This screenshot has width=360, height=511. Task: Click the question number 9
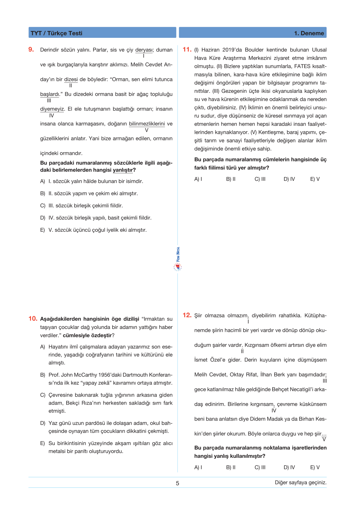[x=31, y=49]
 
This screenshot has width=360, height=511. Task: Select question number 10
[x=33, y=319]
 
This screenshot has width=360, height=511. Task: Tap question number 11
[x=187, y=49]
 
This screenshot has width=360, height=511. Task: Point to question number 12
[x=187, y=315]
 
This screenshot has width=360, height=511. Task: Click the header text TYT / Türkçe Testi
[x=56, y=33]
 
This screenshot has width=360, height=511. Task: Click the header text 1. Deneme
[x=309, y=33]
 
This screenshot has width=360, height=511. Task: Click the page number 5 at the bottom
[x=177, y=483]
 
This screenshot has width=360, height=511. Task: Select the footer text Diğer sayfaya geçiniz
[x=301, y=482]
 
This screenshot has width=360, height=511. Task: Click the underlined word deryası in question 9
[x=144, y=50]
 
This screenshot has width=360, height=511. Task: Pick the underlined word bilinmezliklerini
[x=147, y=124]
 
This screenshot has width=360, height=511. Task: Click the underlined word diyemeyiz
[x=52, y=109]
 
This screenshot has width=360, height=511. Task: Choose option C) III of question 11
[x=260, y=179]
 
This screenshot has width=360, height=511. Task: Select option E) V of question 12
[x=315, y=467]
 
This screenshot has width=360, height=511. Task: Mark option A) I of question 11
[x=198, y=179]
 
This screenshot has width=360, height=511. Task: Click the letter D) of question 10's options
[x=43, y=423]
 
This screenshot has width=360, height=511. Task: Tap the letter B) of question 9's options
[x=43, y=193]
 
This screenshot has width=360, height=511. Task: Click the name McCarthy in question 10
[x=85, y=375]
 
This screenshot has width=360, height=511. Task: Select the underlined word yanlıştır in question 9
[x=123, y=170]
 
